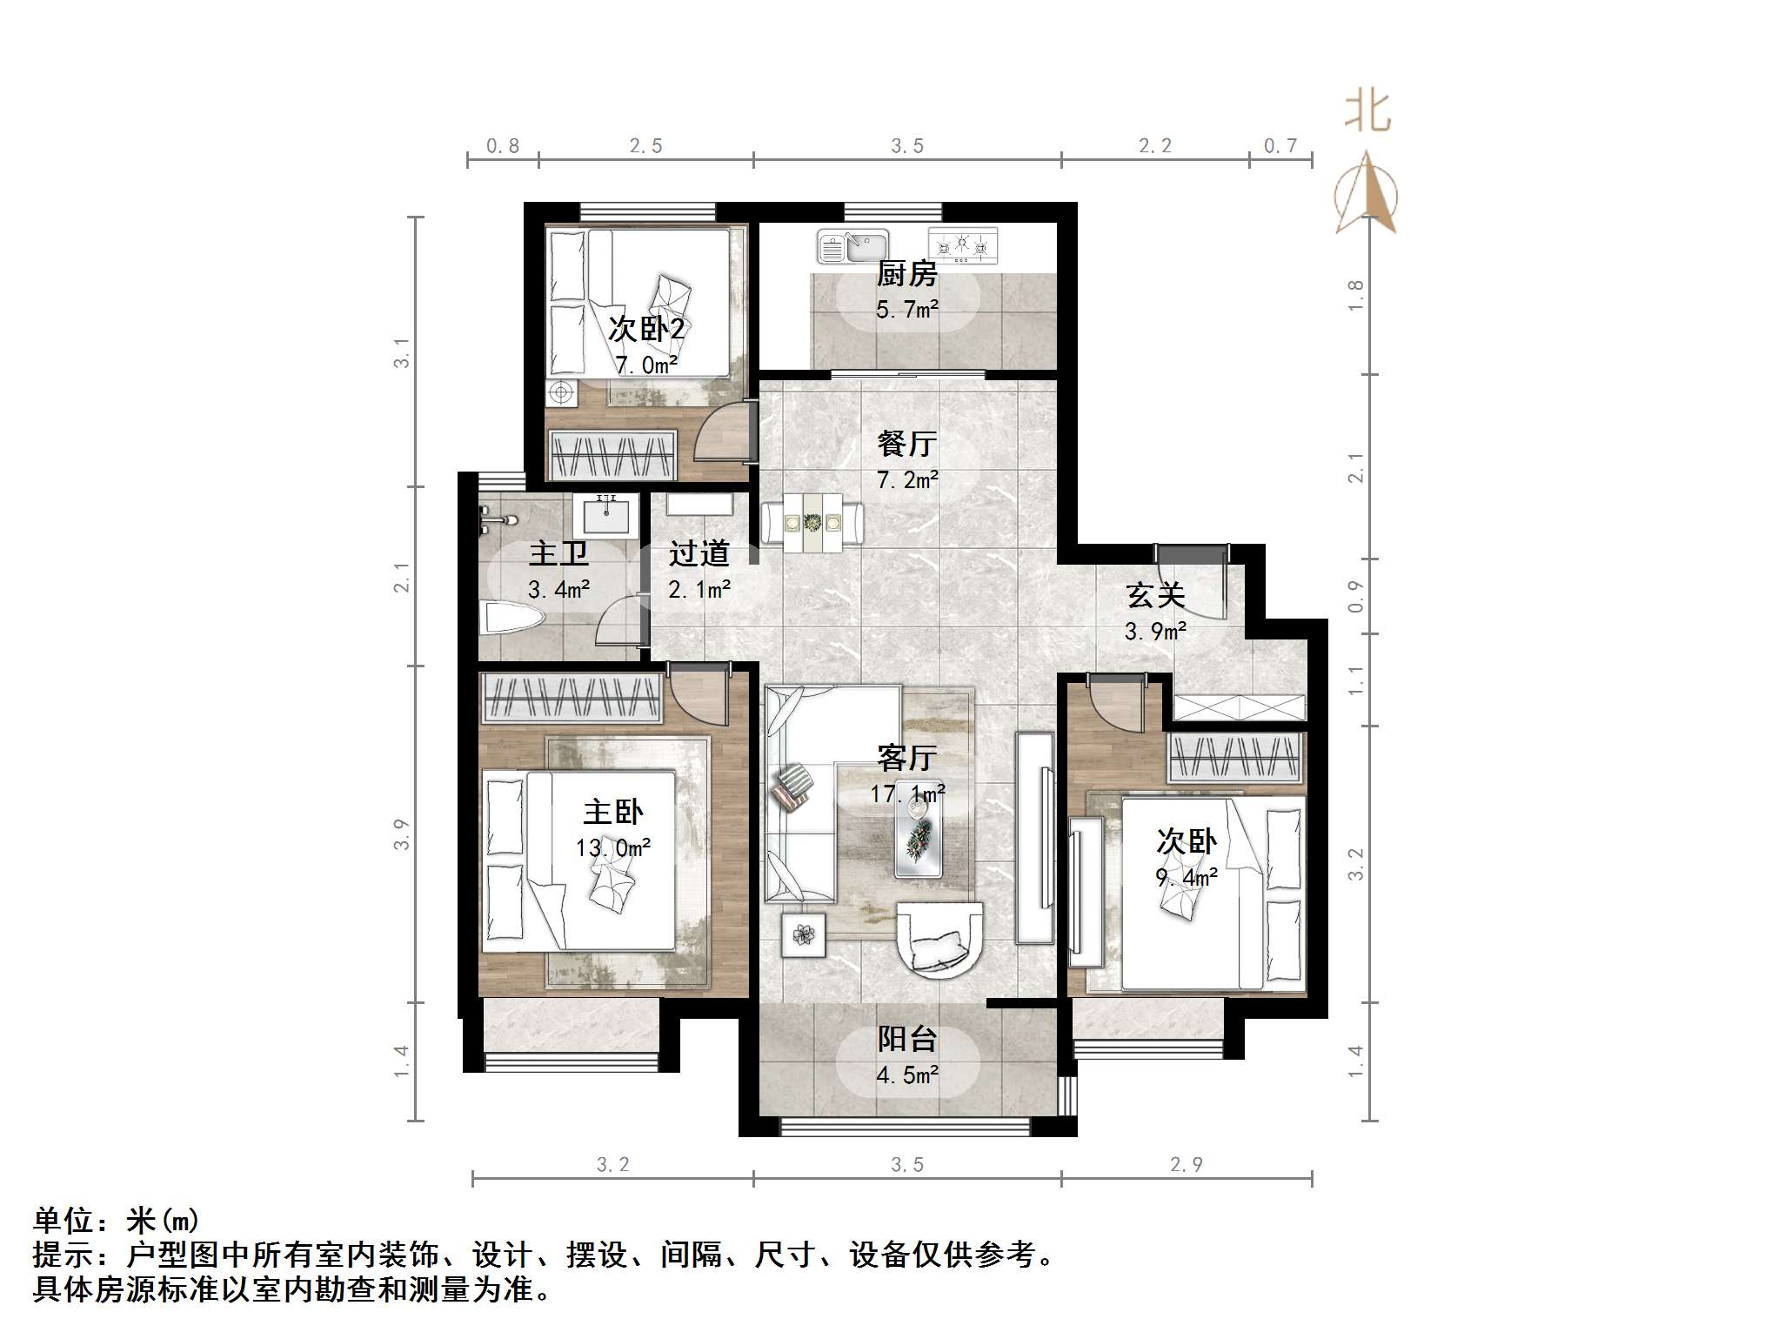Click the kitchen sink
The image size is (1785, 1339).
coord(852,246)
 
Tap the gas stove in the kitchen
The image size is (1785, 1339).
coord(962,245)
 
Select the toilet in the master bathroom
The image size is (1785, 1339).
coord(513,618)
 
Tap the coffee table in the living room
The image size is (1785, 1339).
coord(919,834)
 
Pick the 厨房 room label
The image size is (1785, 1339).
coord(906,274)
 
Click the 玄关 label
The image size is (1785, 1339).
coord(1155,596)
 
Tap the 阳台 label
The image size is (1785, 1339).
coord(906,1039)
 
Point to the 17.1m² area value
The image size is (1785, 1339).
coord(907,794)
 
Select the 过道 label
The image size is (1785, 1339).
coord(699,553)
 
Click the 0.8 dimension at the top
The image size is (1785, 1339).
coord(503,146)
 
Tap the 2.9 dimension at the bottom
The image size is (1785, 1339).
coord(1186,1165)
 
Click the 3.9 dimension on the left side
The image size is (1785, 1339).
coord(401,834)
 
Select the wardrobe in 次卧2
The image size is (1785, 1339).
coord(612,454)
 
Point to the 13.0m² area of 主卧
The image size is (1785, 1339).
coord(613,847)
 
